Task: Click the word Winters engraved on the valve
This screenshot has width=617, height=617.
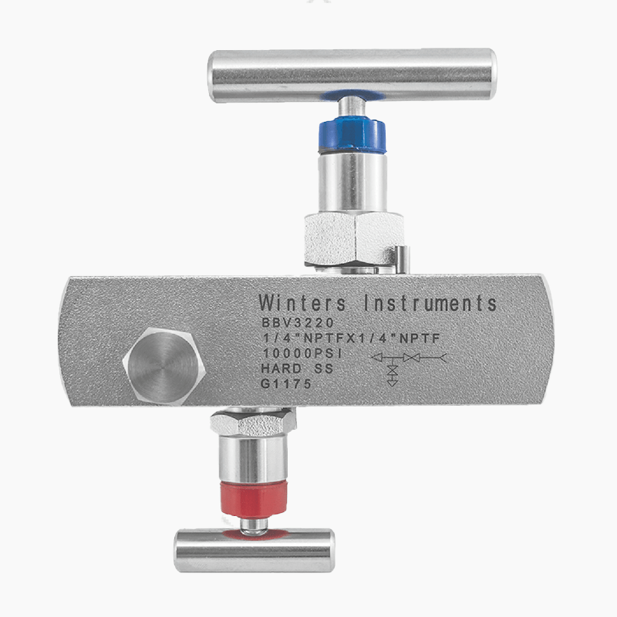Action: pyautogui.click(x=302, y=303)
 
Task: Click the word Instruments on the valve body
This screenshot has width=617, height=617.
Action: pyautogui.click(x=430, y=303)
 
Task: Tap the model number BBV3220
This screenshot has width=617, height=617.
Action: pyautogui.click(x=298, y=322)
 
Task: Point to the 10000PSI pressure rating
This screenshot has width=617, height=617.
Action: pyautogui.click(x=302, y=353)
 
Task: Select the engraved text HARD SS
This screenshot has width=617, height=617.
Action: pyautogui.click(x=297, y=369)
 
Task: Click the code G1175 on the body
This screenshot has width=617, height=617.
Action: pyautogui.click(x=286, y=383)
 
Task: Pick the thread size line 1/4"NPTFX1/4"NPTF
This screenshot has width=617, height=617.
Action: pyautogui.click(x=351, y=338)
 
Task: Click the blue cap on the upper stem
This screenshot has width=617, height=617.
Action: pyautogui.click(x=352, y=135)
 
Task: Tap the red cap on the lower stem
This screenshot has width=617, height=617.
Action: pyautogui.click(x=254, y=498)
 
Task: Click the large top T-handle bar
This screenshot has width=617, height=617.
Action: pyautogui.click(x=352, y=76)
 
